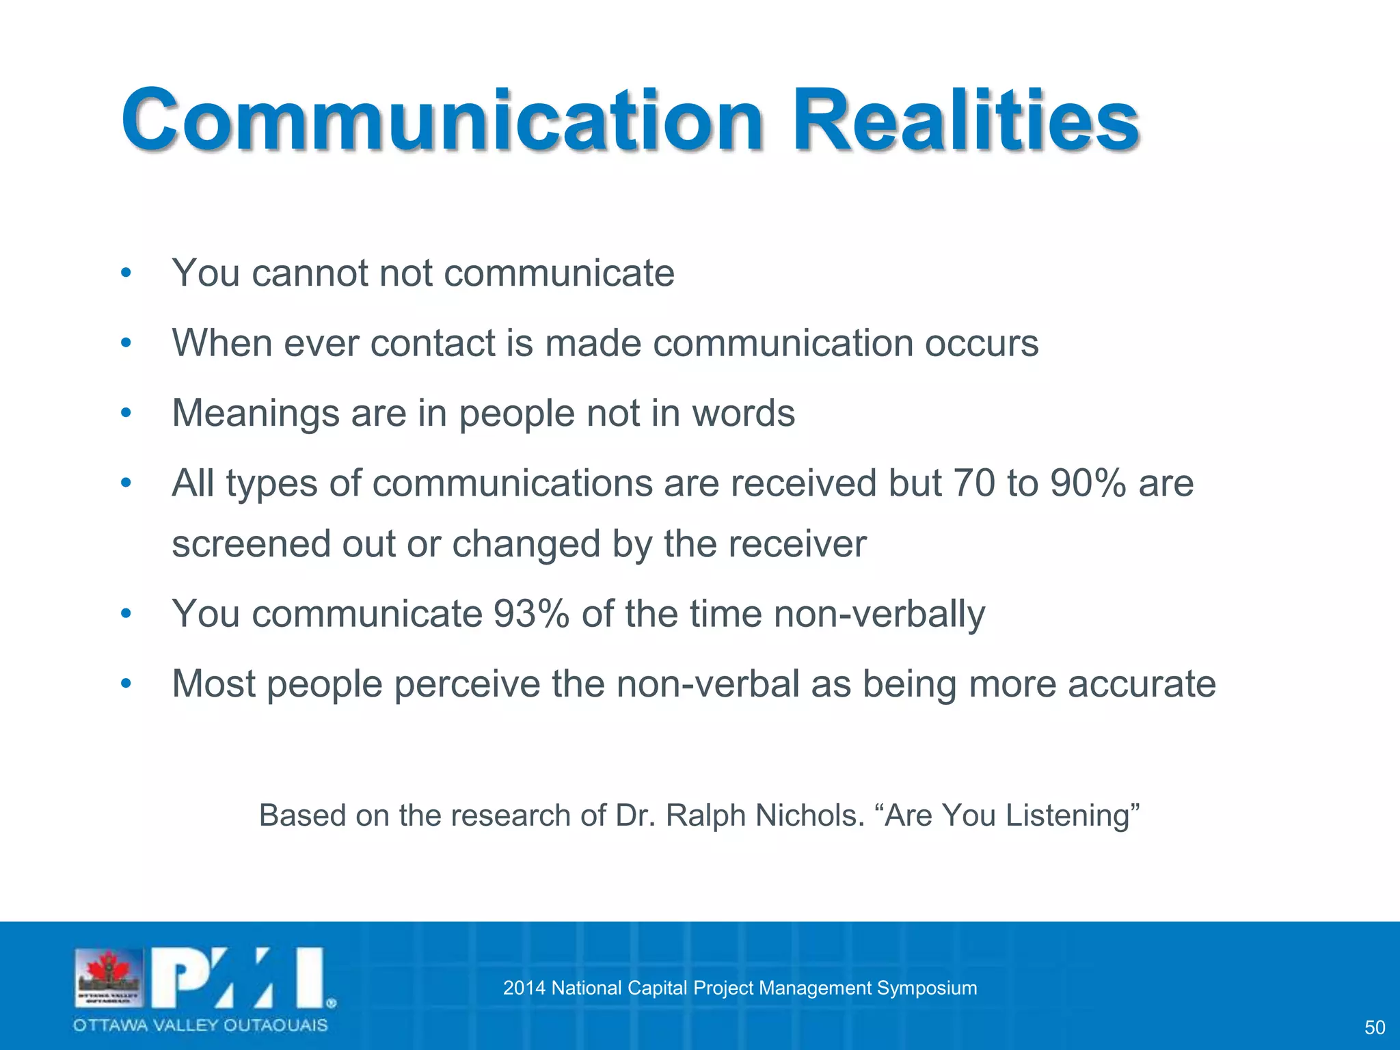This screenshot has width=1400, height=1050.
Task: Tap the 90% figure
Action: [x=1088, y=483]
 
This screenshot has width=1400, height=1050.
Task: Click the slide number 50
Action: [x=1374, y=1027]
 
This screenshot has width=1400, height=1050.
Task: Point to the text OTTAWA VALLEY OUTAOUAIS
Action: [x=200, y=1025]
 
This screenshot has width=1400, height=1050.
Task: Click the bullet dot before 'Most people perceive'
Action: [x=125, y=684]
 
